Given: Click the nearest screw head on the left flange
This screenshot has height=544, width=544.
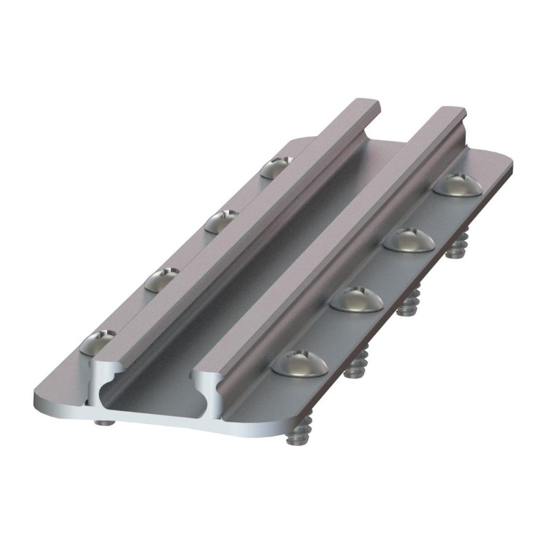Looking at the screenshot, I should point(97,342).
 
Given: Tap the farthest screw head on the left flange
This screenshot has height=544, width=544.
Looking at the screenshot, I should point(277,166).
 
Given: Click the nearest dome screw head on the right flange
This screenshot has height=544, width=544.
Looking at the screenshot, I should point(300,364).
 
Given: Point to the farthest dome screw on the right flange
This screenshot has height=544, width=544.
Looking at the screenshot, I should point(457,184).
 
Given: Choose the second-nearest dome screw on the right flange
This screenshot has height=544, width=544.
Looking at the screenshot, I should point(357,299).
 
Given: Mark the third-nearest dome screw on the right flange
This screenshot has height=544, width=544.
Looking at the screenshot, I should point(409,240).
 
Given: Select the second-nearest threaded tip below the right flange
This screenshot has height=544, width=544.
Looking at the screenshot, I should point(356,367).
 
